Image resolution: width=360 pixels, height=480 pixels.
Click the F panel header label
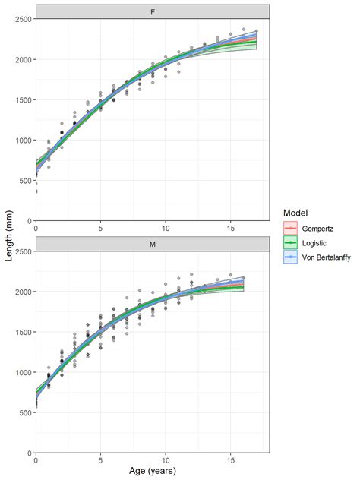click(x=153, y=11)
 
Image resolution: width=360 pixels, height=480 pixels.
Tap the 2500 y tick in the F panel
click(x=23, y=19)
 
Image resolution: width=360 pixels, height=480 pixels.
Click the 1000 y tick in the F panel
click(x=23, y=141)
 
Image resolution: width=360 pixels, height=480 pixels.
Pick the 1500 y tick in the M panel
click(x=23, y=332)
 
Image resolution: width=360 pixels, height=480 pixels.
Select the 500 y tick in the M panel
click(x=25, y=413)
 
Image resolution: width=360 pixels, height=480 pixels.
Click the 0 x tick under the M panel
click(x=36, y=460)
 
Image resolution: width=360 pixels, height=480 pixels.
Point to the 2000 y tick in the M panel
click(x=23, y=292)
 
